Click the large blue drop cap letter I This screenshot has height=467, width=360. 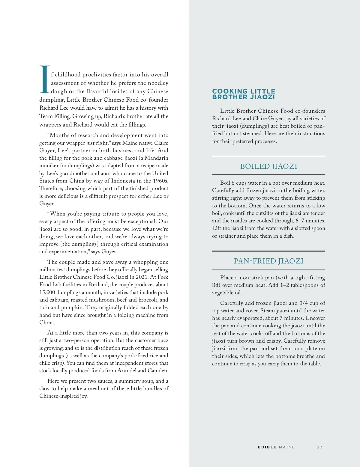point(44,79)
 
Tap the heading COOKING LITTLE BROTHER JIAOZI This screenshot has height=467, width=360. point(243,94)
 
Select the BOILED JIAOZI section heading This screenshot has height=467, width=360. point(268,166)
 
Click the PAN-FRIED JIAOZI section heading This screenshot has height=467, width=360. point(268,261)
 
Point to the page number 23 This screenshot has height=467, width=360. point(320,447)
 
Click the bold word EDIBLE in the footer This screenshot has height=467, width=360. point(267,447)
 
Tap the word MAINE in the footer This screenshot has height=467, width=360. point(287,447)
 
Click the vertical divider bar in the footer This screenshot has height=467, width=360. point(306,447)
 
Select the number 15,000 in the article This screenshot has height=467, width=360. point(49,292)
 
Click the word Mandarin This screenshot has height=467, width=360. point(156,158)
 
